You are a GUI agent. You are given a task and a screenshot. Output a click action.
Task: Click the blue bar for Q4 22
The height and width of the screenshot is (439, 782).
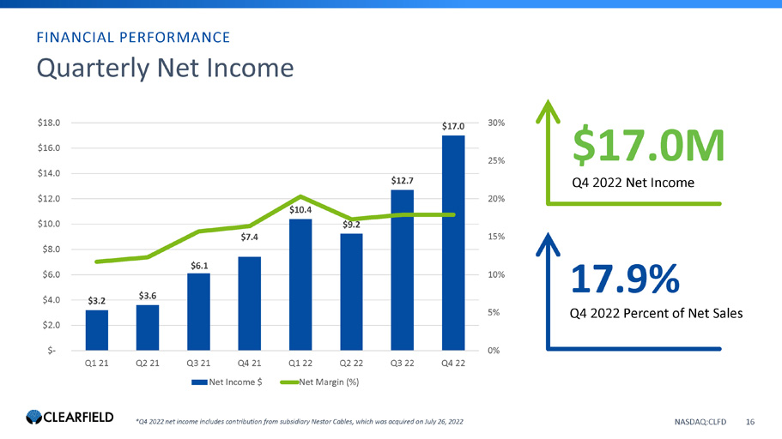tap(453, 243)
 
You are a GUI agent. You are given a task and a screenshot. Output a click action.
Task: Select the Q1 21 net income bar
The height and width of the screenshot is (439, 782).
tap(97, 330)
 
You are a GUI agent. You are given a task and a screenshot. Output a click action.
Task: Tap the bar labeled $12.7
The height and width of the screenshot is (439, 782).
tap(402, 270)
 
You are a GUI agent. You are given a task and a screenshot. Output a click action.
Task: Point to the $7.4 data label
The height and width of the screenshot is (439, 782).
tap(249, 238)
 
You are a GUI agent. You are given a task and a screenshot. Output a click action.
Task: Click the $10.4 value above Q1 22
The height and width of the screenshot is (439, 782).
tap(300, 210)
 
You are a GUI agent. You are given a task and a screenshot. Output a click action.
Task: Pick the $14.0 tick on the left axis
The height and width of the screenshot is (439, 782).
tap(49, 173)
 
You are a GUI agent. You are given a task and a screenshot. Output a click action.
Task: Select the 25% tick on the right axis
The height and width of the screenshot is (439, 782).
tap(496, 160)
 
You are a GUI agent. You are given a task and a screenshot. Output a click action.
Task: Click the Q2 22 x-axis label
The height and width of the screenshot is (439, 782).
tap(351, 364)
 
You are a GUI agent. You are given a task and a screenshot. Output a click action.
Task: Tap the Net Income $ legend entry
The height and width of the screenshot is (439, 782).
tap(227, 382)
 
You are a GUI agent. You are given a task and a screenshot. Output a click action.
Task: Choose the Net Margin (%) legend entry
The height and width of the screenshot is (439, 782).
tap(319, 382)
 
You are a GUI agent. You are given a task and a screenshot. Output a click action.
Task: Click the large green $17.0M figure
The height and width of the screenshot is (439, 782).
tap(648, 146)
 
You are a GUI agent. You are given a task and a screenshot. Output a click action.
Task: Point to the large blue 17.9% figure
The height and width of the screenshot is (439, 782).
tap(625, 279)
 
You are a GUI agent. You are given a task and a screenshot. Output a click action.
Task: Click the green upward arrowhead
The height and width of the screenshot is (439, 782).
tap(549, 110)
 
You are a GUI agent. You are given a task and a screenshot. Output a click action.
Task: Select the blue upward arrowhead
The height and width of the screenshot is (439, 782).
tap(549, 244)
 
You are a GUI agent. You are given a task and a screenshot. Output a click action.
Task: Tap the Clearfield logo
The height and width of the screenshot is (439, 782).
tap(70, 417)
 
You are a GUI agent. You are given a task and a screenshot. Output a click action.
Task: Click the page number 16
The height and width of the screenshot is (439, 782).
tap(750, 422)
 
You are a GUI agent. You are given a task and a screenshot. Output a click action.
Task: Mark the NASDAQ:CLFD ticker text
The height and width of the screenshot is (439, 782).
tap(700, 422)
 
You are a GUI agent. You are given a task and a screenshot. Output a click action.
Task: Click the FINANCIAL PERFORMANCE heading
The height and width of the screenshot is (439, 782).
tap(133, 38)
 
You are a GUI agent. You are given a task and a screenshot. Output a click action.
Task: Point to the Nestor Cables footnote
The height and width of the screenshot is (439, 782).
tap(300, 422)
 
